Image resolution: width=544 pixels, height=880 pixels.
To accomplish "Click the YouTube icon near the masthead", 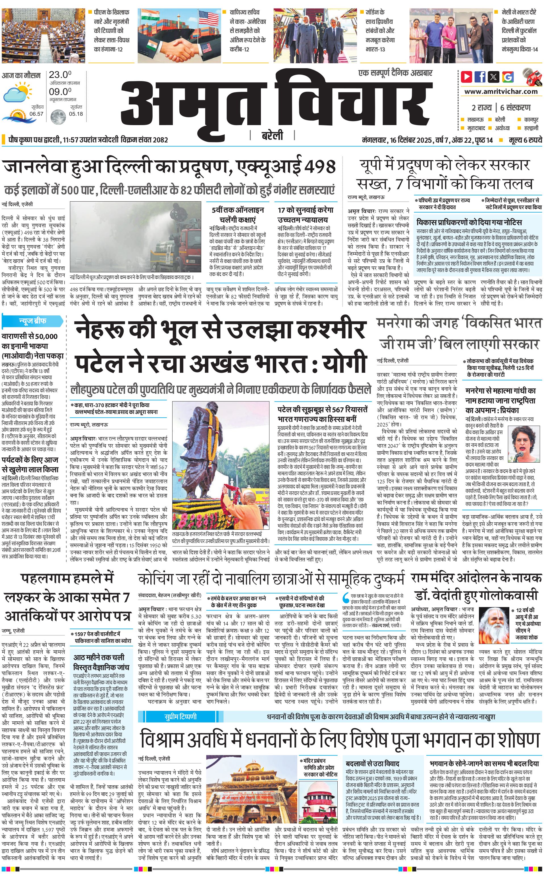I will click(x=467, y=77).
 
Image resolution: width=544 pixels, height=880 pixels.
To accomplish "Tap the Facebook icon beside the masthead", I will click(x=480, y=77).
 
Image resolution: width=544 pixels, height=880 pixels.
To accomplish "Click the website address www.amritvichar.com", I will click(x=501, y=92).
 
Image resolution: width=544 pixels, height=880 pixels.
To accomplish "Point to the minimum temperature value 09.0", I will click(x=60, y=92).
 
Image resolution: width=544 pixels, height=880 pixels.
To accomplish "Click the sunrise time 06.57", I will click(x=36, y=114).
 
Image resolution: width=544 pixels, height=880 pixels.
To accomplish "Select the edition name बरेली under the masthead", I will click(x=272, y=135).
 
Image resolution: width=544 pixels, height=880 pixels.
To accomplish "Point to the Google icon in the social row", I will click(x=508, y=77).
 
